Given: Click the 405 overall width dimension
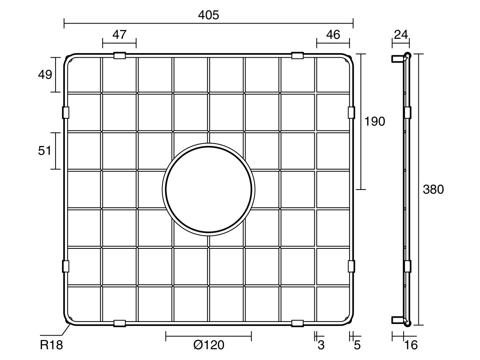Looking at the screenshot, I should click(x=208, y=15).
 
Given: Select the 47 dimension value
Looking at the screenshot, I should click(x=119, y=34).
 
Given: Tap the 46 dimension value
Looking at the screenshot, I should click(x=333, y=34).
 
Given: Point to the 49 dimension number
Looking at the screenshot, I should click(x=45, y=75).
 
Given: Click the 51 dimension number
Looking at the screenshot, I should click(x=45, y=151).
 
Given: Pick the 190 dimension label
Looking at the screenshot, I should click(x=375, y=121).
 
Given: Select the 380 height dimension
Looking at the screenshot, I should click(x=433, y=190).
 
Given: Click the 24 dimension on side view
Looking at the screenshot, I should click(x=401, y=34).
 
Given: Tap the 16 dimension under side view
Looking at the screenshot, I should click(x=411, y=345).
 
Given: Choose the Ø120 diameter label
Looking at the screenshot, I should click(x=208, y=345).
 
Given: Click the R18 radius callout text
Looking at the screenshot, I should click(x=52, y=345).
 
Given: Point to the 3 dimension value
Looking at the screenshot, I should click(x=321, y=345).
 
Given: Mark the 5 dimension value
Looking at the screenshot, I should click(x=357, y=345).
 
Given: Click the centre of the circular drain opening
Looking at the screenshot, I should click(x=208, y=189).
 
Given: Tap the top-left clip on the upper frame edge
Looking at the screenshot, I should click(x=120, y=56).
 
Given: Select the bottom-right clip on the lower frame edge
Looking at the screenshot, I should click(x=297, y=323).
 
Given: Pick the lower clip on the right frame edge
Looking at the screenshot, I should click(x=351, y=266).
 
